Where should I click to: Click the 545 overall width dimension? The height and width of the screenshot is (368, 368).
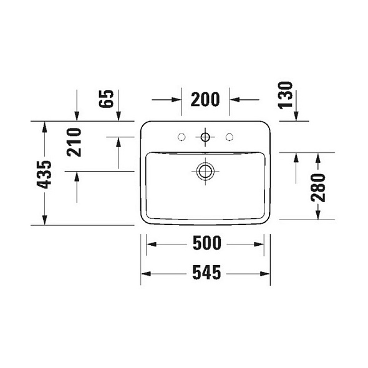(x=206, y=273)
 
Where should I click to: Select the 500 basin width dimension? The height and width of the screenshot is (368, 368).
(x=207, y=243)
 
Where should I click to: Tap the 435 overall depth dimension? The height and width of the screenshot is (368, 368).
(x=44, y=175)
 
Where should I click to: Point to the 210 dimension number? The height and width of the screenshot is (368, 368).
(x=74, y=142)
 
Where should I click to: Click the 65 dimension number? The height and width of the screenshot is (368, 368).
(x=106, y=99)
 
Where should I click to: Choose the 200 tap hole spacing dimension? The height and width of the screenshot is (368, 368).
(x=205, y=100)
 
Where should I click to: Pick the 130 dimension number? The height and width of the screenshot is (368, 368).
(x=286, y=95)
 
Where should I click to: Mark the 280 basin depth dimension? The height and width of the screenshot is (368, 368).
(x=318, y=188)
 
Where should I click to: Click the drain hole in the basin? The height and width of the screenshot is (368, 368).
(x=205, y=171)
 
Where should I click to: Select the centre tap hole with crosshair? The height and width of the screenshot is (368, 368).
(x=205, y=137)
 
